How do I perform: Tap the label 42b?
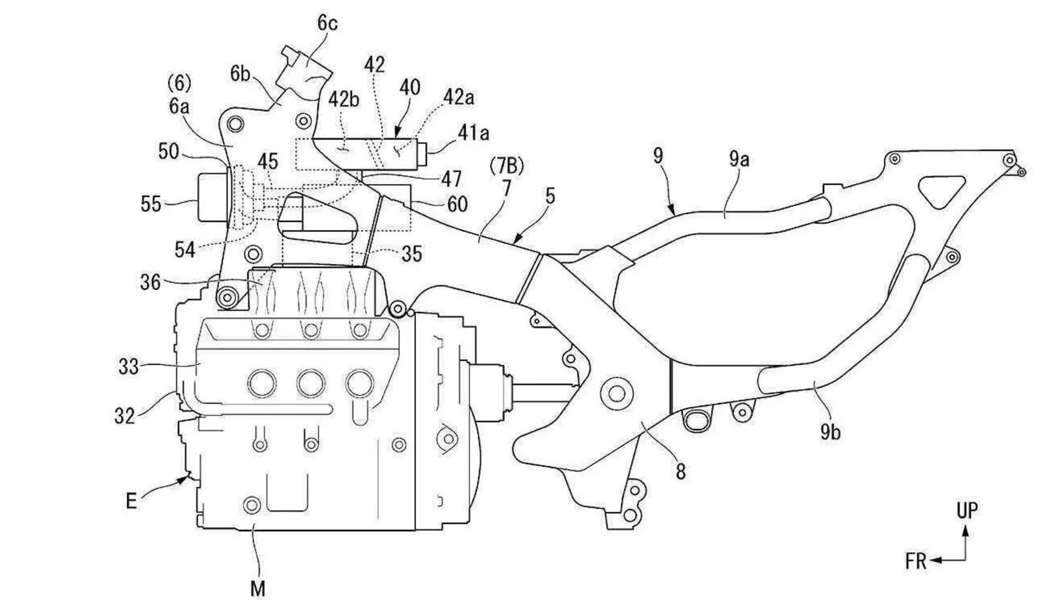[x=344, y=100]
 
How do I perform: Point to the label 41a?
[x=474, y=133]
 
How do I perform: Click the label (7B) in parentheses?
[x=507, y=166]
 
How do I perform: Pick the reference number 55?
[x=151, y=205]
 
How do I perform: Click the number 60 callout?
[x=457, y=204]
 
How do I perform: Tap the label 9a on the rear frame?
[x=739, y=160]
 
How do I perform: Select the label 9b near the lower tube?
[x=830, y=432]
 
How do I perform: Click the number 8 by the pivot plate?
[x=681, y=471]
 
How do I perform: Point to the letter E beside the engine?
[x=131, y=501]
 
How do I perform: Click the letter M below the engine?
[x=258, y=588]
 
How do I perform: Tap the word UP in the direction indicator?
[x=967, y=511]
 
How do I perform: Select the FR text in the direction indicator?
[x=916, y=562]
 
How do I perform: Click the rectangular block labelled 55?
[x=213, y=197]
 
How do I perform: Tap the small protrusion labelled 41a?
[x=422, y=154]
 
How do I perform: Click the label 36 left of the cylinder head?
[x=150, y=283]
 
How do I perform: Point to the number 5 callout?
[x=550, y=196]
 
